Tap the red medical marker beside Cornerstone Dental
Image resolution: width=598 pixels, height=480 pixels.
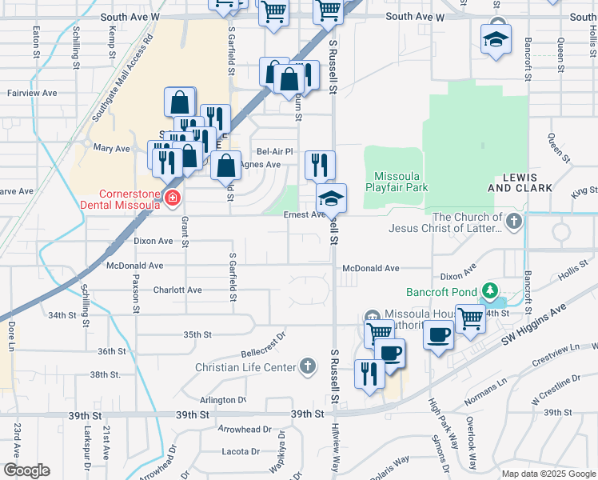point(171,198)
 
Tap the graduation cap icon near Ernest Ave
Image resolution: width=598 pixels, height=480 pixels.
point(331,197)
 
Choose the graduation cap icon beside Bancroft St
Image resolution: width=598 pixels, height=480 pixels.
point(496,38)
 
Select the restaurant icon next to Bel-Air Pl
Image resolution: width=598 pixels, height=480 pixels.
point(319,164)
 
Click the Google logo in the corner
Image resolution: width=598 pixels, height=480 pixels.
point(26,470)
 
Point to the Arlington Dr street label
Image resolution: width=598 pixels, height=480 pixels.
point(223,400)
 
